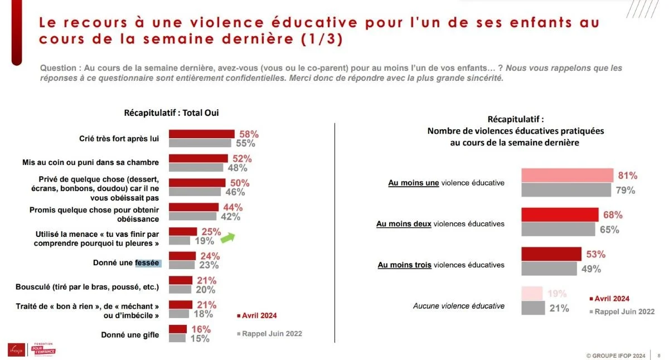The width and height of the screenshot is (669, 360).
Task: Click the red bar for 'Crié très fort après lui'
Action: pos(202,134)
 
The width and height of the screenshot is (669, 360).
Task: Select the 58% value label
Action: pos(249,134)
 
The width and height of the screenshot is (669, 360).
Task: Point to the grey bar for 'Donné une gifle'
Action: pos(177,338)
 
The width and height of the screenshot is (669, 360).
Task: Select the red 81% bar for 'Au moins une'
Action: pos(567,176)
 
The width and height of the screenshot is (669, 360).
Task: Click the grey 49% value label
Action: pos(591,269)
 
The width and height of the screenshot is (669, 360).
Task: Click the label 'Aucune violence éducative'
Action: pos(458,306)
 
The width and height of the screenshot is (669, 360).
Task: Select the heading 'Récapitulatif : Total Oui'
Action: pos(171,113)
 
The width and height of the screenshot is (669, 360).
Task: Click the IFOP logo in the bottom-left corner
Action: pos(14,350)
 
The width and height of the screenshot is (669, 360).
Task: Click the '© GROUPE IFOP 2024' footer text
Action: pos(615,354)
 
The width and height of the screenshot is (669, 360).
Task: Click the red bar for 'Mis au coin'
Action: pos(198,158)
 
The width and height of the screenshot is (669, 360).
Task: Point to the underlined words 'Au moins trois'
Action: pos(404,265)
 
